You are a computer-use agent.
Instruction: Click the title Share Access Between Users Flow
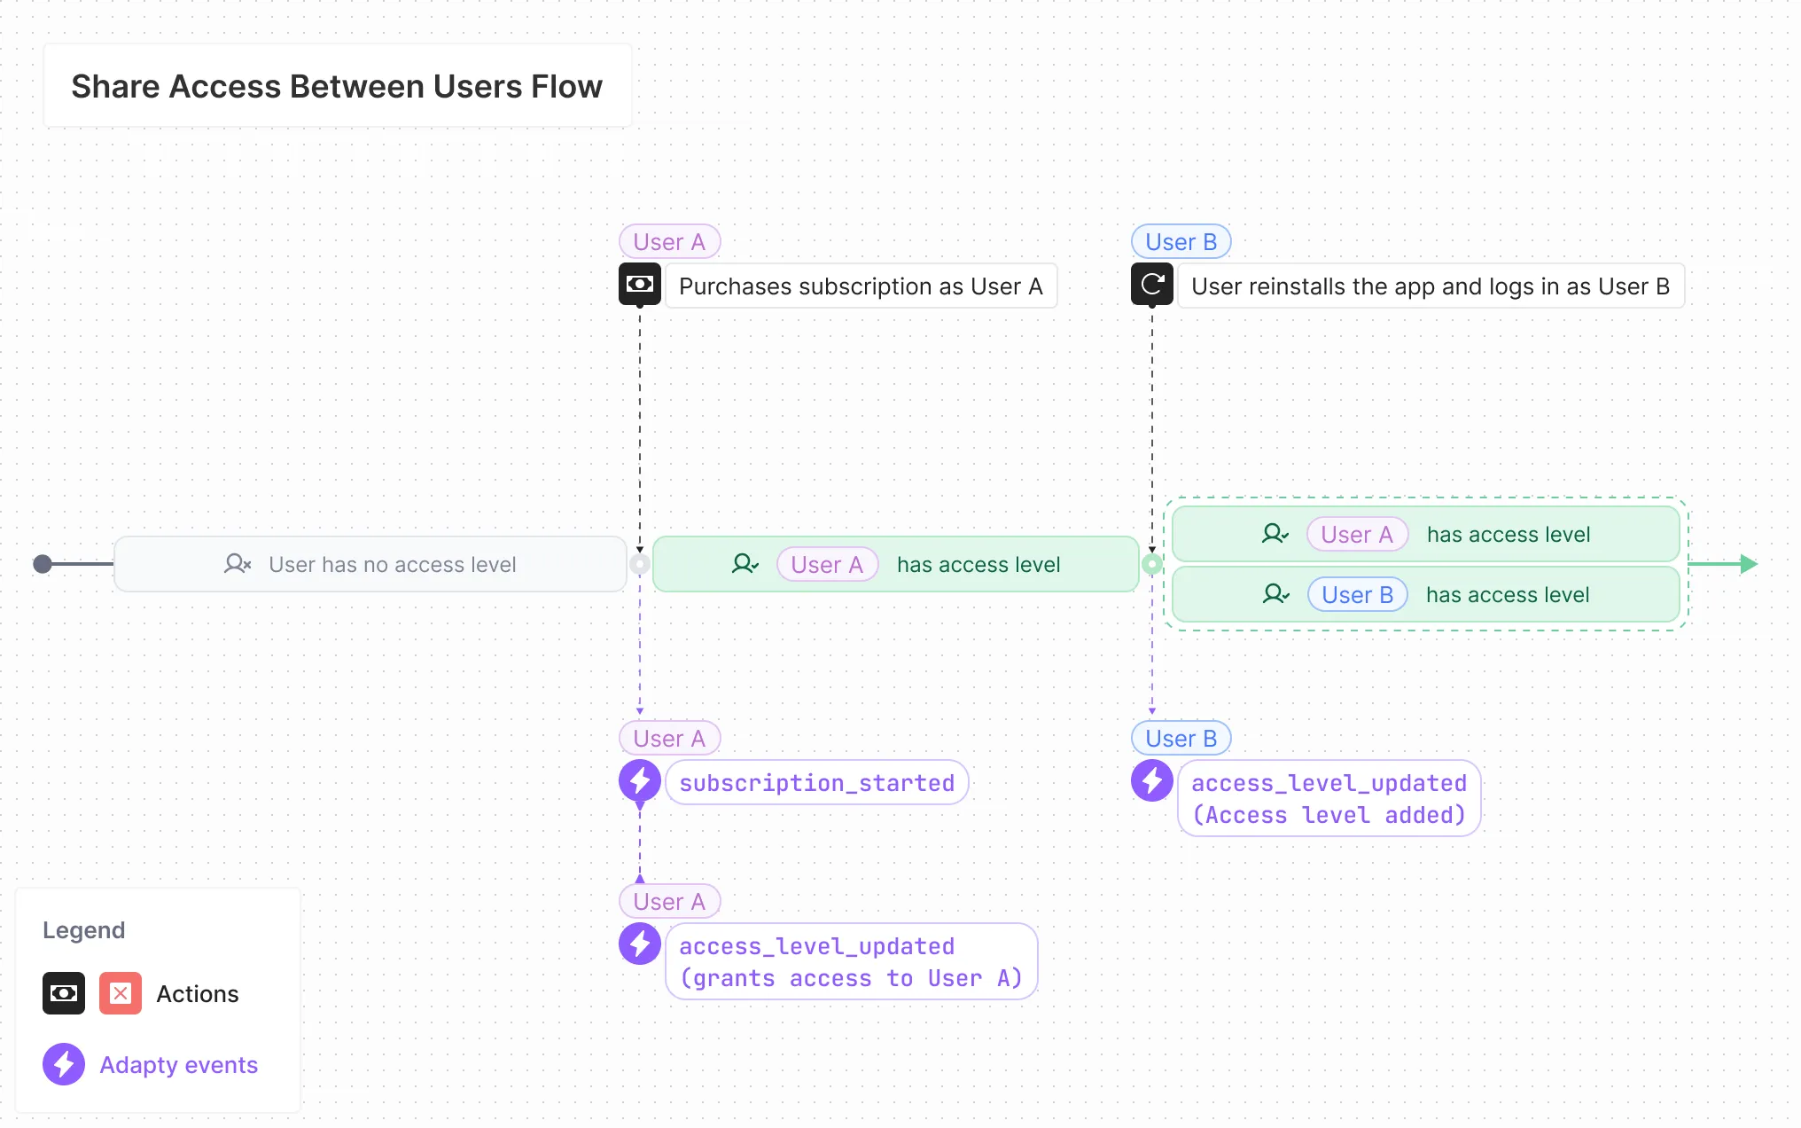(337, 87)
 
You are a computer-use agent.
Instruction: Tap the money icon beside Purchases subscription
(639, 285)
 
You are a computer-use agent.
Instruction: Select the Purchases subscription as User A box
(861, 286)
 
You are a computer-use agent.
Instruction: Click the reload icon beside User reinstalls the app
(1151, 285)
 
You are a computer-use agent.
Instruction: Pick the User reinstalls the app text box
(1430, 286)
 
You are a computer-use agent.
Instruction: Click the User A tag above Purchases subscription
(669, 242)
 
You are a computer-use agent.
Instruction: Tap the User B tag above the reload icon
(1181, 242)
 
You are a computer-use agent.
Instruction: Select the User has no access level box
(370, 565)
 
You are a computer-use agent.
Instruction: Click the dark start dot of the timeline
(43, 564)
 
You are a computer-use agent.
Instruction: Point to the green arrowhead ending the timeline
(1749, 564)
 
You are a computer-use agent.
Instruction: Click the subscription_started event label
(816, 783)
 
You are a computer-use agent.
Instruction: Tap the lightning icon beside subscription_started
(639, 781)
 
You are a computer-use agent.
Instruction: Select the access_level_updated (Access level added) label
(1329, 799)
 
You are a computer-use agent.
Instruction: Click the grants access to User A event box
(851, 962)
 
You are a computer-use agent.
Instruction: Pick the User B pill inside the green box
(1357, 595)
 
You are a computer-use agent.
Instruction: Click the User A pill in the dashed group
(1356, 535)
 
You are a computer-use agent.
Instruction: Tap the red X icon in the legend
(121, 994)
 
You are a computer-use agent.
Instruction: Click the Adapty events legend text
(178, 1065)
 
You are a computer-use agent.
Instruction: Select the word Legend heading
(84, 930)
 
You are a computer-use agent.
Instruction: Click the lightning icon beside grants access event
(639, 944)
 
